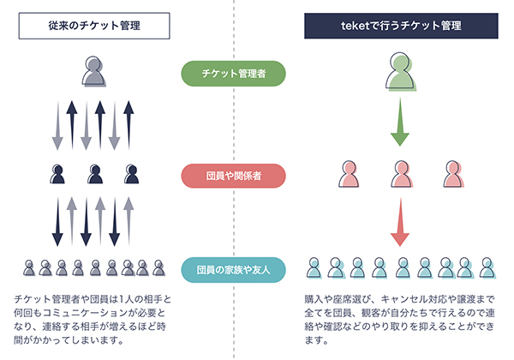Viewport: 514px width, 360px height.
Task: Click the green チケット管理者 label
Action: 233,74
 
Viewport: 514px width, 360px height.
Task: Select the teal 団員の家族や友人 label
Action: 233,271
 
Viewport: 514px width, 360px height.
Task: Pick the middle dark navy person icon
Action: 94,175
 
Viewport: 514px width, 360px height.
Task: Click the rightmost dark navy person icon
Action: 130,175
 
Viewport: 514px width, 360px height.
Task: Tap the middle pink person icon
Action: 399,174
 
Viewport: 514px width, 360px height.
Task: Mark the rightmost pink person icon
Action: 451,174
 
